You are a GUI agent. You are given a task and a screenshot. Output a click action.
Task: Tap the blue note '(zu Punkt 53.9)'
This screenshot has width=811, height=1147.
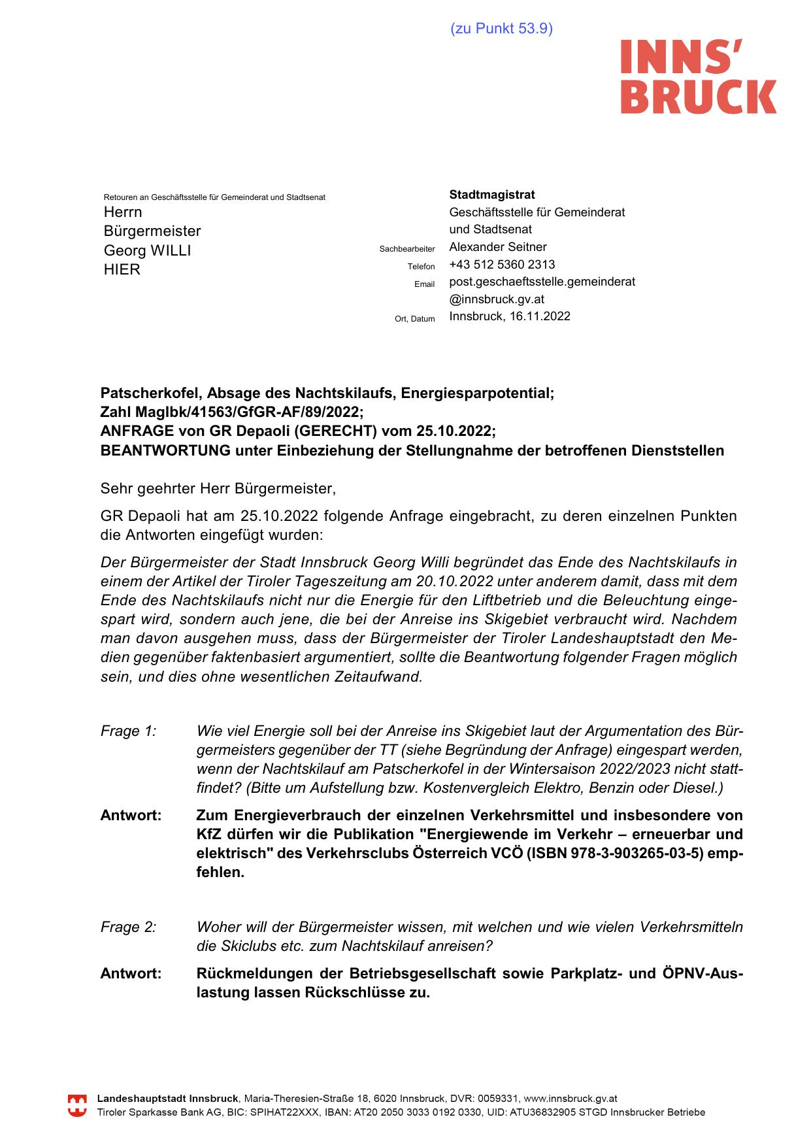(501, 29)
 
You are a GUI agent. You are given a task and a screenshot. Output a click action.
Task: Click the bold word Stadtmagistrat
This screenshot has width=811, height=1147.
(491, 195)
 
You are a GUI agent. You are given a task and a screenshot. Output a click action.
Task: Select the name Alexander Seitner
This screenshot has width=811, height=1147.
(497, 247)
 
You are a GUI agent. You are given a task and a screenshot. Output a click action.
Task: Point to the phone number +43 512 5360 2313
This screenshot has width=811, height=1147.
(502, 265)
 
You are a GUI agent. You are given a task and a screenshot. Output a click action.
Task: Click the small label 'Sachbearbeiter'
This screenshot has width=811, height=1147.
(406, 249)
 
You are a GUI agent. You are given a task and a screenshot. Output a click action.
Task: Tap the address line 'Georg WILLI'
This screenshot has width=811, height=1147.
(147, 250)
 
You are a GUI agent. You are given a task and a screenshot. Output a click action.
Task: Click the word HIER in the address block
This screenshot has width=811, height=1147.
(122, 270)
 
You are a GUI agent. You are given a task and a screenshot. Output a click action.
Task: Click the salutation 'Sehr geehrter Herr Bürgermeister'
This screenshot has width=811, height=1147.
(217, 488)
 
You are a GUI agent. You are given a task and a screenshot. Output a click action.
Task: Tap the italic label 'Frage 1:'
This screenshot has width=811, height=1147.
(128, 731)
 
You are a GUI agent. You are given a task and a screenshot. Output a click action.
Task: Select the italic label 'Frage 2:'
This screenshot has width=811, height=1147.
(128, 927)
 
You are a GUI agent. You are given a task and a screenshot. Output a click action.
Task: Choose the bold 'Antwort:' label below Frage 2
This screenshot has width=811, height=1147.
(131, 974)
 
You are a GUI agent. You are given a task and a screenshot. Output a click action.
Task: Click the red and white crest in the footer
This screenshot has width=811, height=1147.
(77, 1106)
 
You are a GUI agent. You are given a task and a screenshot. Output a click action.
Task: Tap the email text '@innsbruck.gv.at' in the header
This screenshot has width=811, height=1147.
(497, 299)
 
